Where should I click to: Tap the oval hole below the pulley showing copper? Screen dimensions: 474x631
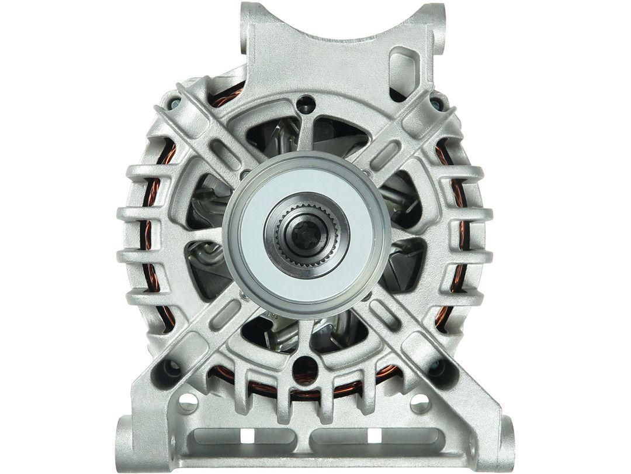[306, 369]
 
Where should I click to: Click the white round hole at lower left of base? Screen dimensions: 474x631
[188, 403]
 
